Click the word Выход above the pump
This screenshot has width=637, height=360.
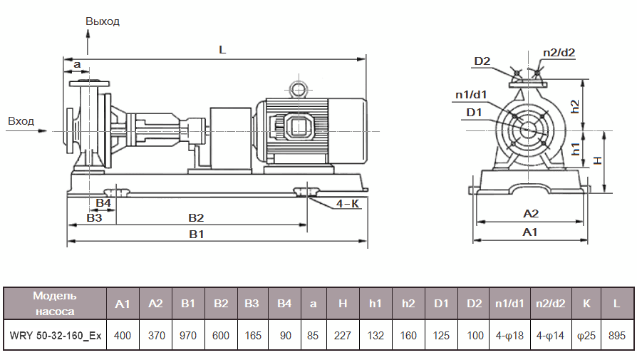pos(103,21)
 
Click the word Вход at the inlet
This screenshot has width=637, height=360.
pos(21,121)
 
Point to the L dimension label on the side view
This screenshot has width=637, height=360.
pos(222,51)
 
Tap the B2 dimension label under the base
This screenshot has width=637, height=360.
pos(196,217)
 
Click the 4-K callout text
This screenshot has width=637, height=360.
pos(348,204)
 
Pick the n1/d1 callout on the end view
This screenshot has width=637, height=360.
pos(471,95)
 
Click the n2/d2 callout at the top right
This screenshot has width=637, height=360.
pos(559,52)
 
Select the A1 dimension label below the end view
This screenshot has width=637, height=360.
pos(530,232)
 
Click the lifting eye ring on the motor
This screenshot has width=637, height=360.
pos(298,88)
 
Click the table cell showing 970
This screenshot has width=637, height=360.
pos(188,334)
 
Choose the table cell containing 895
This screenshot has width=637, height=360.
pos(617,334)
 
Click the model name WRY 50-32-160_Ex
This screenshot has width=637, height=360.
pos(56,334)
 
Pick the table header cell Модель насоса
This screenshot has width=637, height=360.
pos(55,303)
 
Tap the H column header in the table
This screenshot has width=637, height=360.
pos(343,304)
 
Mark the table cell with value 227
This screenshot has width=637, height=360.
pos(343,334)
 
